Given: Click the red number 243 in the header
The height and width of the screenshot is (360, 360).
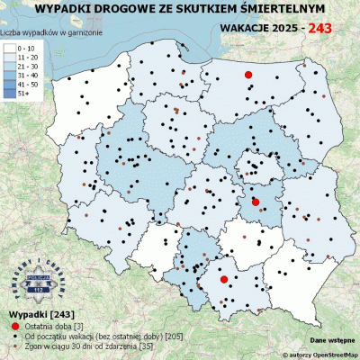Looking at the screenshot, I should coord(327,29).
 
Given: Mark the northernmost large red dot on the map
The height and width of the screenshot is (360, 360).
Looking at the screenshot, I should coord(249,75).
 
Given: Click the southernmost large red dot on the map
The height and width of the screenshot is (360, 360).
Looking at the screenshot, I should coord(224,281).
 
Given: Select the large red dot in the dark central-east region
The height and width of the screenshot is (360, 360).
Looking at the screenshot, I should coord(256,202).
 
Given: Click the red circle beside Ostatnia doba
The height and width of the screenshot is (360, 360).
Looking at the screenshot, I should coord(14,324).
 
